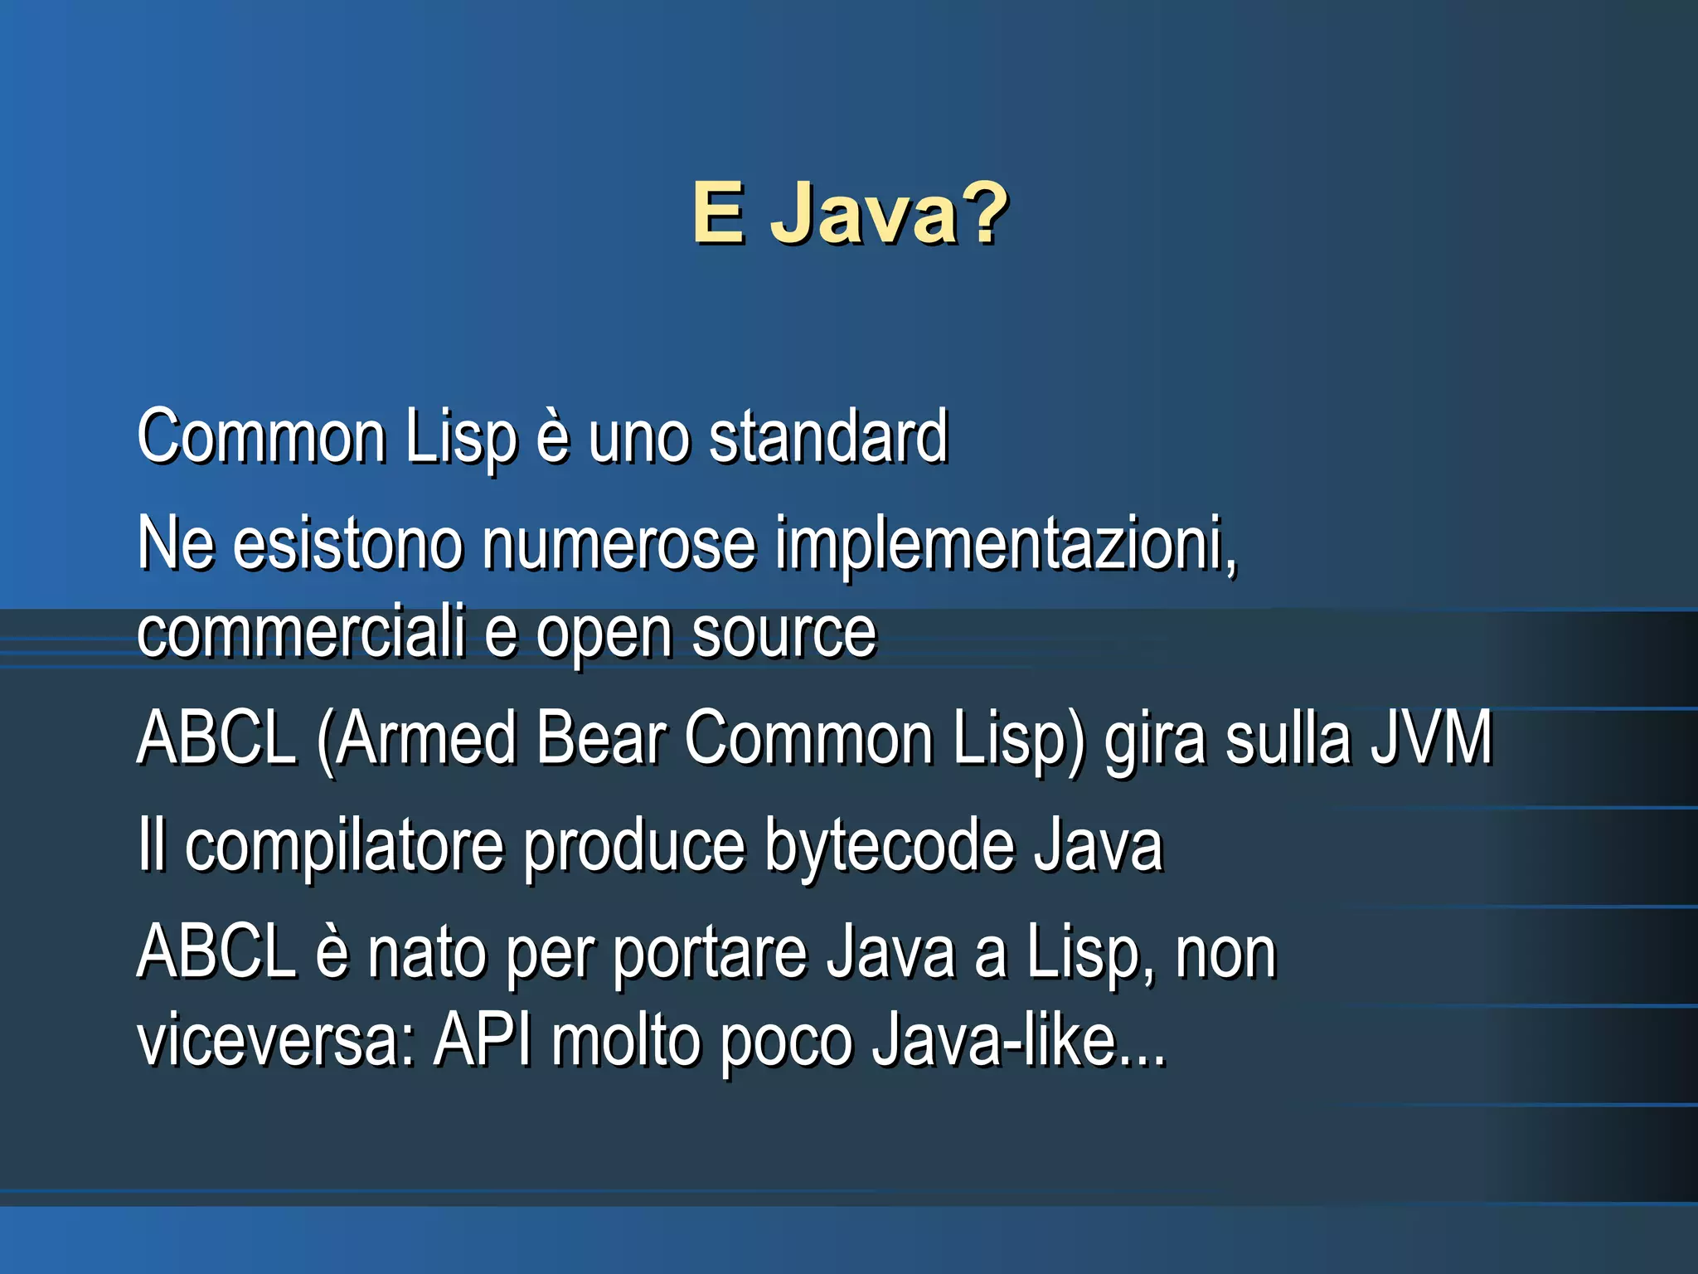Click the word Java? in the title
click(x=889, y=214)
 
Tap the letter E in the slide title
click(x=718, y=214)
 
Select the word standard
click(x=827, y=437)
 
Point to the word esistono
click(x=347, y=545)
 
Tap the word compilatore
click(x=344, y=848)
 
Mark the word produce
click(x=634, y=848)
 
